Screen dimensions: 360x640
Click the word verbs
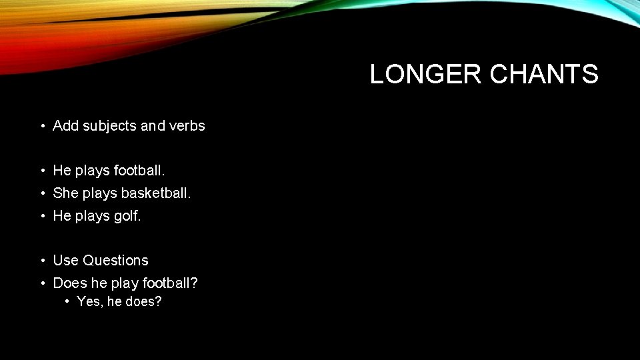tap(187, 125)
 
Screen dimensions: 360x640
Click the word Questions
tap(115, 260)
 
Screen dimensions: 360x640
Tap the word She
tap(65, 193)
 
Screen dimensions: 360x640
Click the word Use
tap(65, 260)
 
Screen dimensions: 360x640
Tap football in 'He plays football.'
tap(139, 171)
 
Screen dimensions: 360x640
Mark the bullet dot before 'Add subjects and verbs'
tap(42, 126)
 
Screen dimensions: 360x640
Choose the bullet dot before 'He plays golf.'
tap(42, 217)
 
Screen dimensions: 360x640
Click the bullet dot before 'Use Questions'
tap(42, 261)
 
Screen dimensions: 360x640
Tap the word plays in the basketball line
tap(99, 194)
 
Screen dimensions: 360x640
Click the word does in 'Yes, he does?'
tap(147, 301)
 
